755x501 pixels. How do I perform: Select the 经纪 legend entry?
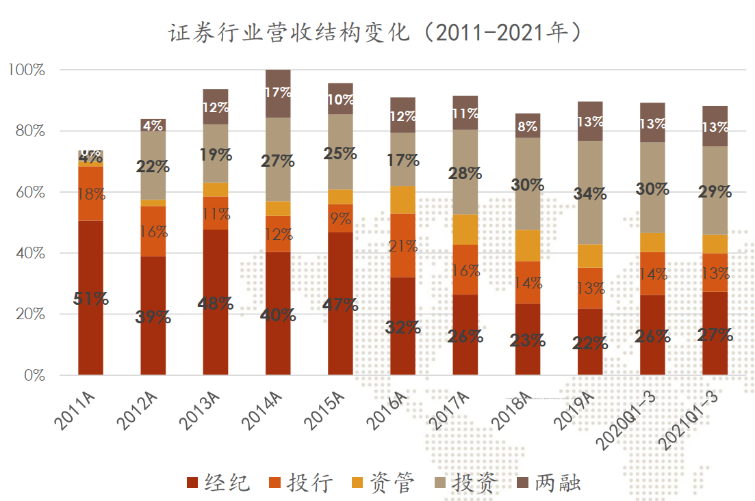tap(218, 483)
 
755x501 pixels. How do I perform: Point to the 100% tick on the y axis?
tap(27, 70)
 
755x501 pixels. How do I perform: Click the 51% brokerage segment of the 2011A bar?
tap(91, 298)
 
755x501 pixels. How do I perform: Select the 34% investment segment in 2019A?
tap(590, 193)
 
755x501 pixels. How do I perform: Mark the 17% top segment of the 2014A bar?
tap(278, 92)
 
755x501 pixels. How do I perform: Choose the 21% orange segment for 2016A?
tap(402, 245)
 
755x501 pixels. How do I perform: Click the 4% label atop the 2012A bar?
tap(153, 126)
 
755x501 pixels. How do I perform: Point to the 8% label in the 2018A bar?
tap(528, 126)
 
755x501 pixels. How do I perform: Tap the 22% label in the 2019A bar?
tap(590, 343)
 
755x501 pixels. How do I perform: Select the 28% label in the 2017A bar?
tap(465, 174)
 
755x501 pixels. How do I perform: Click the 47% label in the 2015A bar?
tap(341, 304)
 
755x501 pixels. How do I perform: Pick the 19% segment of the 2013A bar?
tap(216, 154)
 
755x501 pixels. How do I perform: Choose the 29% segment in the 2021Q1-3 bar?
tap(715, 191)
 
